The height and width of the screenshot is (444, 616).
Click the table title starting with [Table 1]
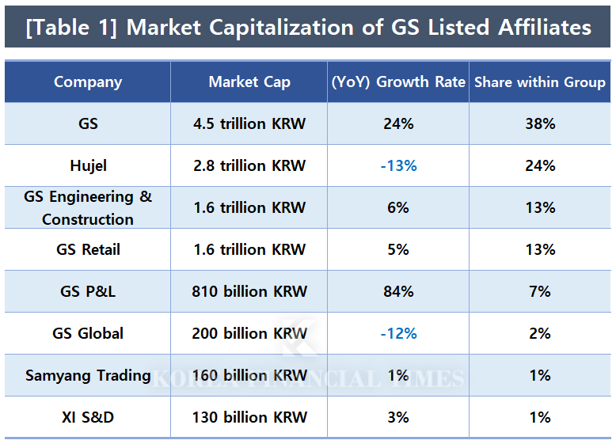pos(308,27)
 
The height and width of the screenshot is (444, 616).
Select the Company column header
pos(88,82)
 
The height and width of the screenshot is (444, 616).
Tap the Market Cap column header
pos(249,82)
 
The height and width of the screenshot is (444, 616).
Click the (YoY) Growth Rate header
pos(397,82)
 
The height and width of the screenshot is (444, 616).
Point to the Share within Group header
pos(540,82)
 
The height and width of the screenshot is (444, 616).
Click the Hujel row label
pos(88,165)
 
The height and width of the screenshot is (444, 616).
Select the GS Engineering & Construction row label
pos(88,207)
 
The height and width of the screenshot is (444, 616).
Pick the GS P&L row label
pos(88,291)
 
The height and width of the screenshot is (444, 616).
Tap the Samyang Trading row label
pos(88,375)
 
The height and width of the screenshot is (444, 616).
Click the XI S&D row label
pos(88,417)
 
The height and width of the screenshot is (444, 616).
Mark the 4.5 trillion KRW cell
pos(249,123)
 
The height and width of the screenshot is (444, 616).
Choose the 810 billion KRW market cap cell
pos(249,291)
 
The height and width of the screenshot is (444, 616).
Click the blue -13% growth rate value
pos(397,165)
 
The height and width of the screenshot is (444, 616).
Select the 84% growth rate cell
pos(397,291)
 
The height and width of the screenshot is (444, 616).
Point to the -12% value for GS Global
pos(397,333)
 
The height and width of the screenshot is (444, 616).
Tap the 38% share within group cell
pos(540,123)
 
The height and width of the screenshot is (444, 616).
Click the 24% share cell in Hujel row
pos(540,165)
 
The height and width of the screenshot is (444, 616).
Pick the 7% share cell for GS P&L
pos(540,291)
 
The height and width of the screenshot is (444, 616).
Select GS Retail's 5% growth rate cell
pos(397,249)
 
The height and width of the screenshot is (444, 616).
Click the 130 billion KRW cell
pos(249,417)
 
